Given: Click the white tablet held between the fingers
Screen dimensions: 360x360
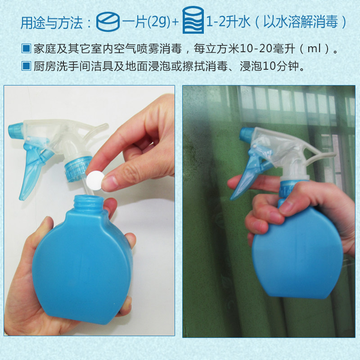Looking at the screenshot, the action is click(95, 180).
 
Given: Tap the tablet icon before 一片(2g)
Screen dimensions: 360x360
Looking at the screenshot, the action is click(108, 21).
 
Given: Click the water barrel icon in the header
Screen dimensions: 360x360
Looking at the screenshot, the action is click(193, 20).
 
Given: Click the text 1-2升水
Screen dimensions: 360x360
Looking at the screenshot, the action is click(228, 22).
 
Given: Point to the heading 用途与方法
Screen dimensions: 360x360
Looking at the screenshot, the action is click(52, 22).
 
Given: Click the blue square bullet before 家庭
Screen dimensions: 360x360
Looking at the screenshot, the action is click(26, 49).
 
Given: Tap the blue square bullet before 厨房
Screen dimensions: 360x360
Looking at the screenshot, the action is click(26, 66).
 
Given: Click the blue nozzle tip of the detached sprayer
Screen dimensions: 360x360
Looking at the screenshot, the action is click(16, 130).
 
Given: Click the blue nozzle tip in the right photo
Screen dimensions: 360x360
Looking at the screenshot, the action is click(247, 134).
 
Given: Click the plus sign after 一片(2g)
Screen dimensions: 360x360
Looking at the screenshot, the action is click(175, 22).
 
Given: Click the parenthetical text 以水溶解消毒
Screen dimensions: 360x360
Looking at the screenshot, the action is click(301, 22).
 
